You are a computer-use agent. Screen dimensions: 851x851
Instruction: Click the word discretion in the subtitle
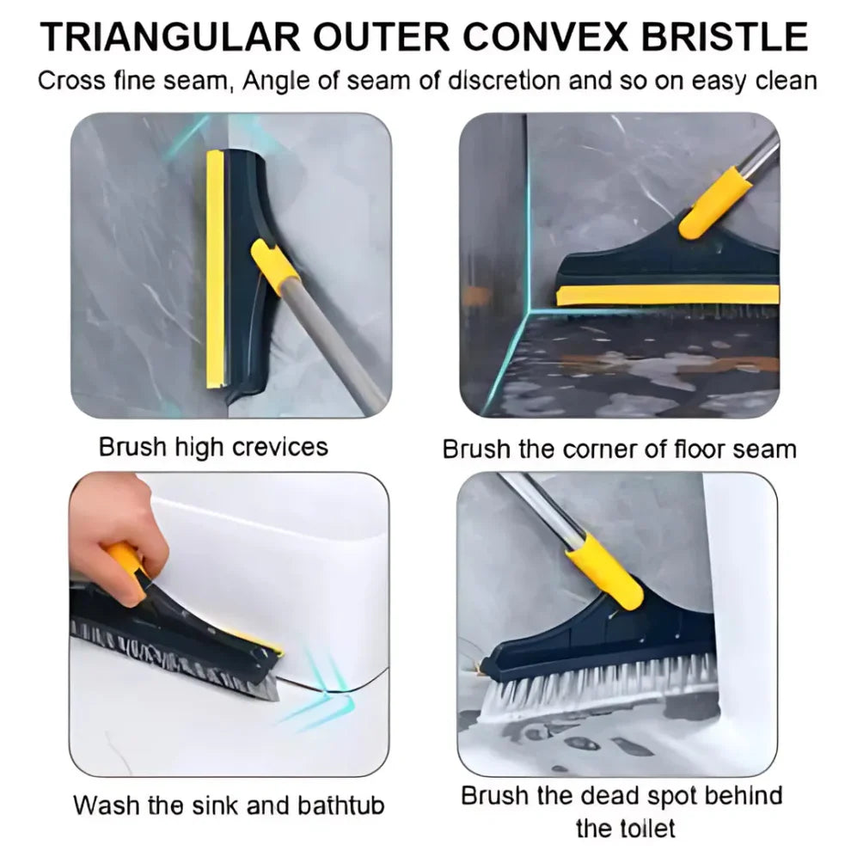tap(506, 82)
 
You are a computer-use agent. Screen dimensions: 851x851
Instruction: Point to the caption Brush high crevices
tap(213, 447)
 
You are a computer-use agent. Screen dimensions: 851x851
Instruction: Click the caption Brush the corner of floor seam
tap(619, 449)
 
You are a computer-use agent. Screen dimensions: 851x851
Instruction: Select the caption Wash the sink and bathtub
tap(229, 805)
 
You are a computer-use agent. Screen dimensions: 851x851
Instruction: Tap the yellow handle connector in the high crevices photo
tap(273, 266)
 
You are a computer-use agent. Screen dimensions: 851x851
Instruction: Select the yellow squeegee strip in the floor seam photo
tap(670, 295)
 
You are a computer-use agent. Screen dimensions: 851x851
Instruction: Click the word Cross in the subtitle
tap(70, 82)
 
